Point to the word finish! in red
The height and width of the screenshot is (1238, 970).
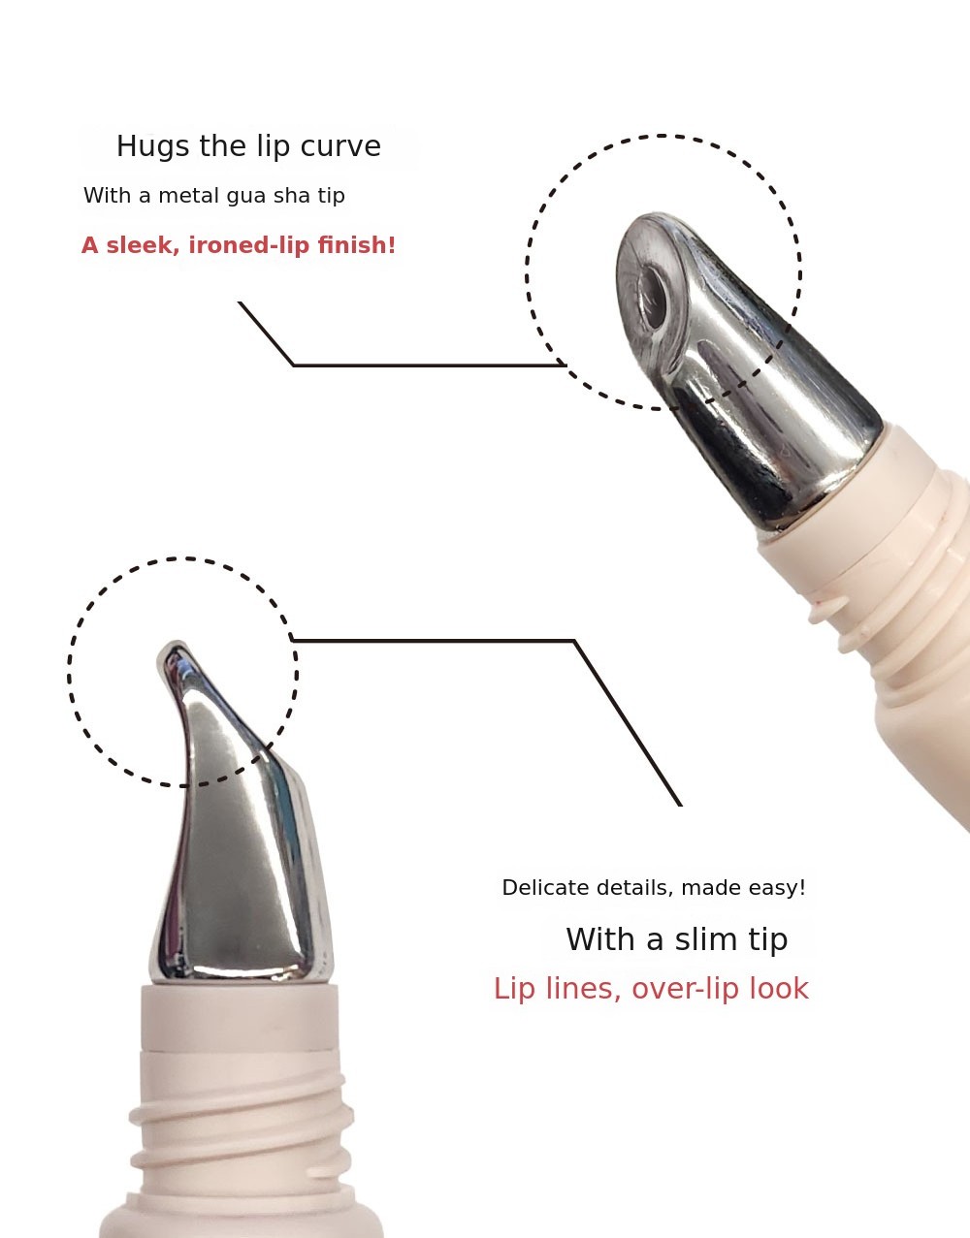[356, 245]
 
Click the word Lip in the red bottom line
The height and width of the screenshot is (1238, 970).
[514, 989]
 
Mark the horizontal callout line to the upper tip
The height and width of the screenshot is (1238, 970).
[429, 365]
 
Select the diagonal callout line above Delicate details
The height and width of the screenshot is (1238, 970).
[628, 723]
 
